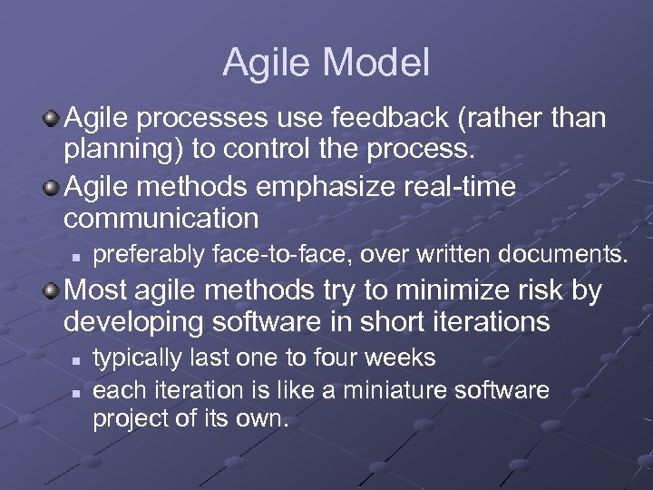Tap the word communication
161,218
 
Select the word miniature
400,390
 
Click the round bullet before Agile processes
54,119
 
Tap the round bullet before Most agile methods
54,292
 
